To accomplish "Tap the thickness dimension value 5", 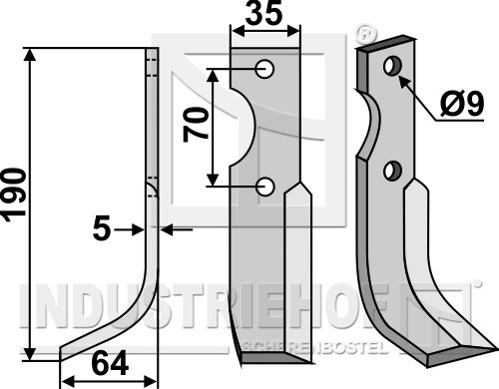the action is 102,229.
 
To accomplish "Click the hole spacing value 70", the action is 196,125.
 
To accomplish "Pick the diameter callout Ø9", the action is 462,105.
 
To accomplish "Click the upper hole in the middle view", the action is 265,70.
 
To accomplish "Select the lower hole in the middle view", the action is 265,187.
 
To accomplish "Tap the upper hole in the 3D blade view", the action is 393,66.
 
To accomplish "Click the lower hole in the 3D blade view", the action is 392,172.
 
